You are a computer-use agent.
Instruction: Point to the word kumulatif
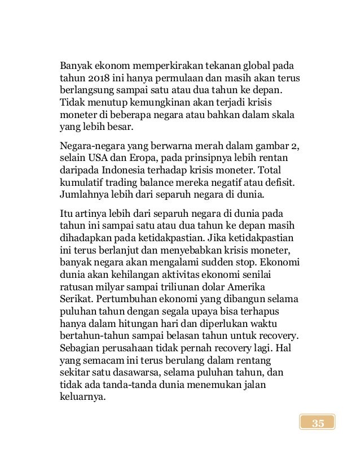(x=81, y=182)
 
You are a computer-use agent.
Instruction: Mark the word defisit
(x=283, y=182)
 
